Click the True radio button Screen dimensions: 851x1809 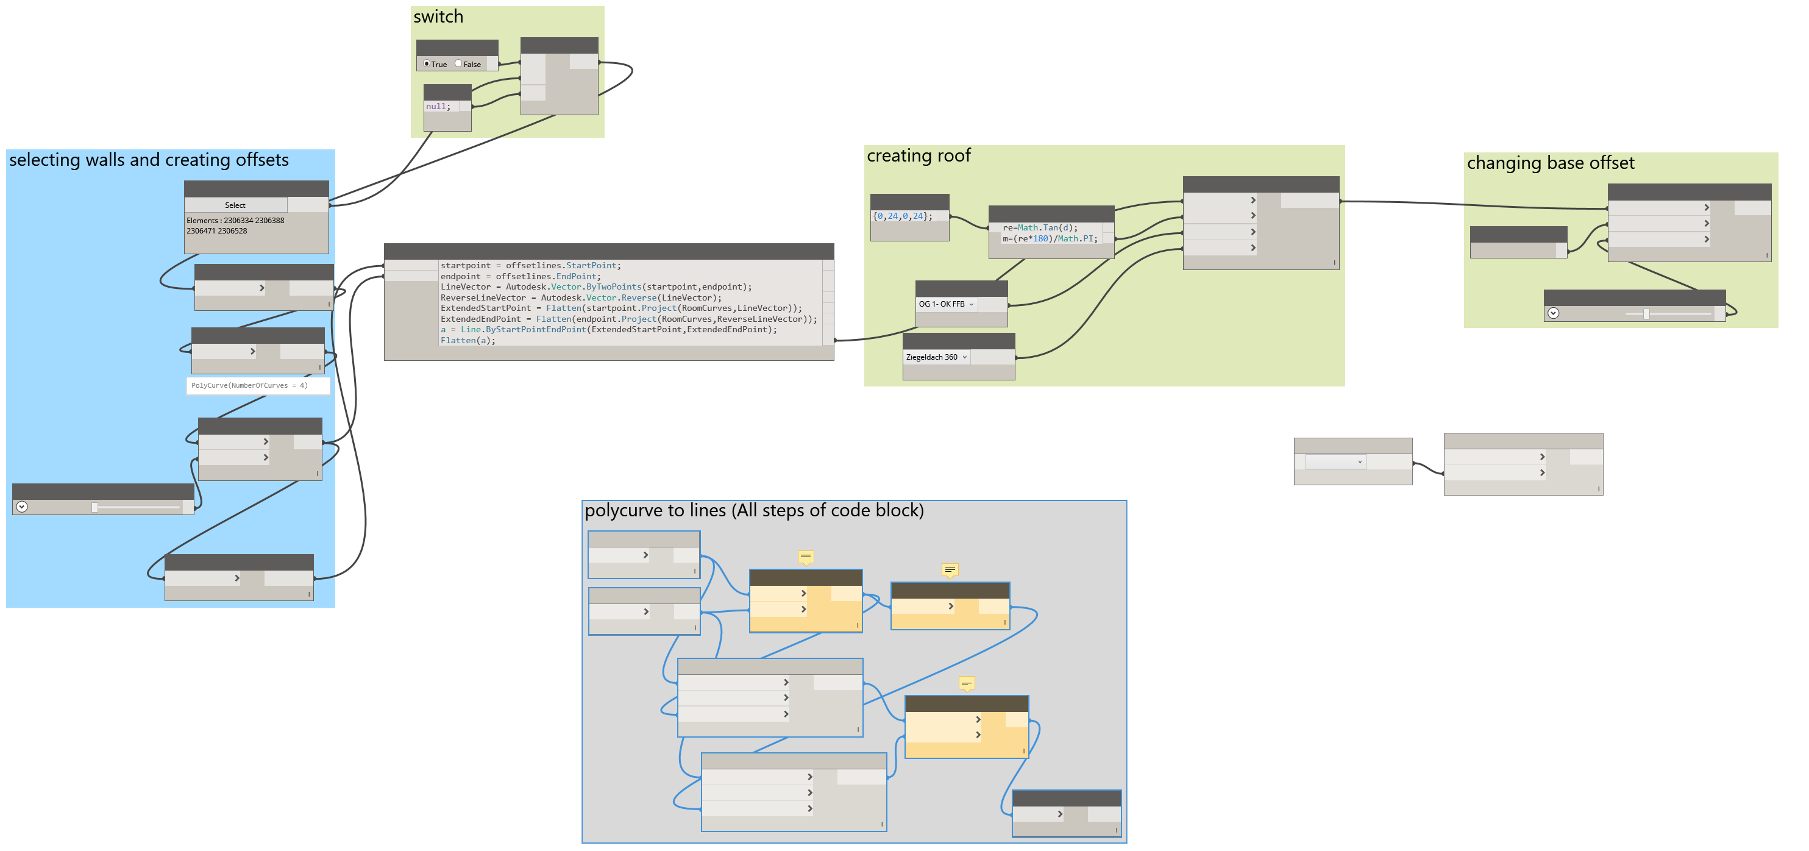click(426, 64)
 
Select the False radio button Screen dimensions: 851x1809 click(458, 64)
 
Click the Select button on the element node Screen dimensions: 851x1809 click(235, 205)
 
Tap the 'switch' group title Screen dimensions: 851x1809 click(438, 17)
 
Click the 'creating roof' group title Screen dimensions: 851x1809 click(919, 156)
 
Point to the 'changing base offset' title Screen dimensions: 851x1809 click(1550, 163)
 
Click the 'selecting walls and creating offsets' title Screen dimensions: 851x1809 click(149, 160)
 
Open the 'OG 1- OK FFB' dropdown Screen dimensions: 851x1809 click(946, 304)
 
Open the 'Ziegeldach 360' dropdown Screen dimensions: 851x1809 click(936, 357)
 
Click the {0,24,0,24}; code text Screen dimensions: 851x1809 click(903, 216)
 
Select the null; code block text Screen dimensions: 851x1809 click(438, 107)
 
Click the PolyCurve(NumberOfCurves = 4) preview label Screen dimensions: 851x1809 click(249, 385)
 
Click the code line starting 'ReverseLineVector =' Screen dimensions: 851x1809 click(580, 297)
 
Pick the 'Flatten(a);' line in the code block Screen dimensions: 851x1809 click(467, 341)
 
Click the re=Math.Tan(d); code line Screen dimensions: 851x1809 click(1039, 227)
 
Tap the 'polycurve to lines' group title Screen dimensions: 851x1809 click(753, 510)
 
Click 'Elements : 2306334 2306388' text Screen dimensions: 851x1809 click(235, 221)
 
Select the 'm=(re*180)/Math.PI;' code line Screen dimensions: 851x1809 click(1049, 239)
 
